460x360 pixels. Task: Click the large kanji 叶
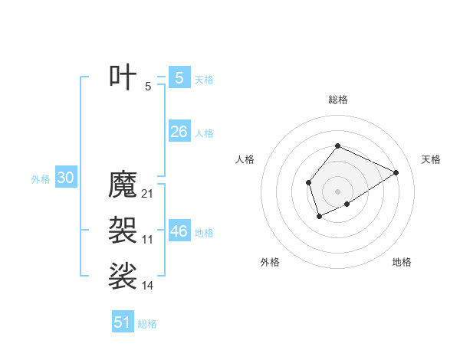click(123, 77)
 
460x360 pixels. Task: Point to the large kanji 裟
click(123, 276)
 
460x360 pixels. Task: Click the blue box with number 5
click(179, 77)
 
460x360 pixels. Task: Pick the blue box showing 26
click(179, 132)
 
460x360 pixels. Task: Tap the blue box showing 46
click(179, 231)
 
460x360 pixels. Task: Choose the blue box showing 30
click(65, 178)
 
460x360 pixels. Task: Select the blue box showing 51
click(123, 322)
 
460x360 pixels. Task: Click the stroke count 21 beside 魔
click(148, 194)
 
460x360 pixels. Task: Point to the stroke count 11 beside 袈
click(148, 240)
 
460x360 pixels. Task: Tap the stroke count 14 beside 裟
click(148, 286)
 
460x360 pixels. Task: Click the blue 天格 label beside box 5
click(204, 80)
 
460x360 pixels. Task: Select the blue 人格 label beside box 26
click(204, 133)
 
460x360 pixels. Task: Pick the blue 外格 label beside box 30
click(41, 180)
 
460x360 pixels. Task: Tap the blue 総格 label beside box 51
click(147, 324)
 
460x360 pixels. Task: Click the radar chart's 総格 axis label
click(337, 100)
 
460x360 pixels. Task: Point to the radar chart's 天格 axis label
click(431, 159)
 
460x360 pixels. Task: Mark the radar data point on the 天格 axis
click(396, 172)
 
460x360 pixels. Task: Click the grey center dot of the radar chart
click(337, 191)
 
